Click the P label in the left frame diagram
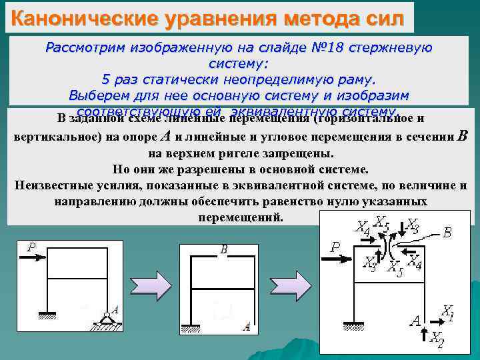pyautogui.click(x=31, y=247)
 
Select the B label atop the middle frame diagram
pyautogui.click(x=224, y=249)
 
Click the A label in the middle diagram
pyautogui.click(x=247, y=326)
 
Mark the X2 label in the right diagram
pyautogui.click(x=436, y=338)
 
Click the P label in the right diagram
pyautogui.click(x=335, y=247)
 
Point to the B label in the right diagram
pyautogui.click(x=447, y=233)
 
